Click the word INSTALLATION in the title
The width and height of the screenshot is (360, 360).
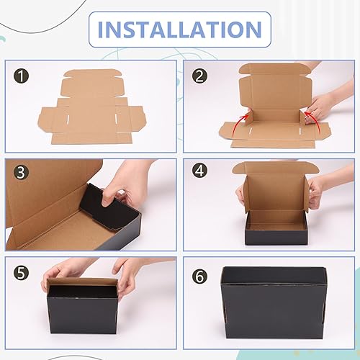point(179,30)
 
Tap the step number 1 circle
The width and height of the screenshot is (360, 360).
point(22,76)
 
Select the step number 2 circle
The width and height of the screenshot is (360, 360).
point(200,76)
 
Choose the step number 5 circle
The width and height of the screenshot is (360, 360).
point(22,273)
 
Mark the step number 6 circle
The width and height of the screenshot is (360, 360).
point(200,273)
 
